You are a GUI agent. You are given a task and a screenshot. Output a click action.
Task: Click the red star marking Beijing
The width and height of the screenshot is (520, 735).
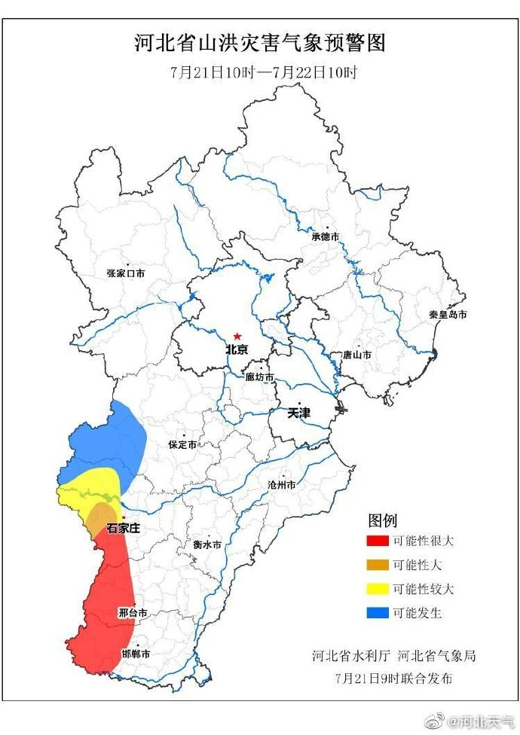[237, 336]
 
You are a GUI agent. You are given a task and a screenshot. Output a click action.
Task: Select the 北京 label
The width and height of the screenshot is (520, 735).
[237, 350]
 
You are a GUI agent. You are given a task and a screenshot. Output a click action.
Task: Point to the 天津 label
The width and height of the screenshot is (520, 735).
[298, 413]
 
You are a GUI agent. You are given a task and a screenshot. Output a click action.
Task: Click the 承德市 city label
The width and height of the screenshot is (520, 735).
[326, 236]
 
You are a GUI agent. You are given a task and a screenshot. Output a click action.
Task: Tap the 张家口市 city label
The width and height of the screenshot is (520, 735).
[125, 274]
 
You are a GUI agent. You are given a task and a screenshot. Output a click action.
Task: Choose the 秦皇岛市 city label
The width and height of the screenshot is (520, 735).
[448, 314]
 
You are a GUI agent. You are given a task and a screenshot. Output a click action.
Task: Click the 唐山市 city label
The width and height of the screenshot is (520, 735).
[356, 355]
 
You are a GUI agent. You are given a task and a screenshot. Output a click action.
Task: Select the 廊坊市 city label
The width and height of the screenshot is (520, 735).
[259, 377]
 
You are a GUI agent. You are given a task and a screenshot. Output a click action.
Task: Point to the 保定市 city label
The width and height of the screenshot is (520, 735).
[182, 445]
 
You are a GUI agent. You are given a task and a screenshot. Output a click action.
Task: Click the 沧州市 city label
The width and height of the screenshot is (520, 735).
[282, 485]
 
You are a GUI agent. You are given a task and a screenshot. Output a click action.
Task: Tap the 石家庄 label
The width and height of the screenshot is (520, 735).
[123, 529]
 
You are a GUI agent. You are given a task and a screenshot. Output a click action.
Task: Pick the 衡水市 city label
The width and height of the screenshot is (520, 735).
[206, 544]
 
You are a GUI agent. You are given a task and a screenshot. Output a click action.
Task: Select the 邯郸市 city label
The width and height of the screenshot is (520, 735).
[136, 654]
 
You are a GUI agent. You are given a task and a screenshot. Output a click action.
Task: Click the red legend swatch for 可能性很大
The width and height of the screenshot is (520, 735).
[377, 541]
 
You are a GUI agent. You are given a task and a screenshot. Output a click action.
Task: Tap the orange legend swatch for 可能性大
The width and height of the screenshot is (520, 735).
[377, 565]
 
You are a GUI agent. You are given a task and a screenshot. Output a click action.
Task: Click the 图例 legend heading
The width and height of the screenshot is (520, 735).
[382, 520]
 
